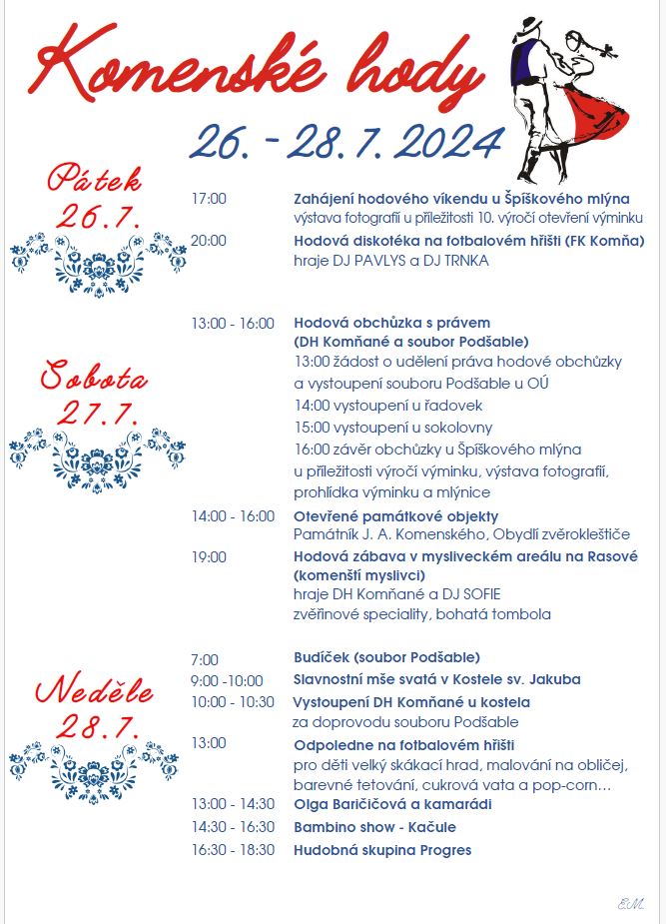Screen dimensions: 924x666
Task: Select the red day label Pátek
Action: pyautogui.click(x=96, y=180)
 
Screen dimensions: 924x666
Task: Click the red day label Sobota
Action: pyautogui.click(x=94, y=379)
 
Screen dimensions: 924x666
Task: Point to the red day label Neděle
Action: pyautogui.click(x=95, y=690)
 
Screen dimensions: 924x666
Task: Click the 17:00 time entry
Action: pyautogui.click(x=209, y=198)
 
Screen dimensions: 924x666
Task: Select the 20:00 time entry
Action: pyautogui.click(x=209, y=240)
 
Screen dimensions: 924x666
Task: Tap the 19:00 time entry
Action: pyautogui.click(x=209, y=556)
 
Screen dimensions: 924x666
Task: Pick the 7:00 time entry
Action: pyautogui.click(x=205, y=658)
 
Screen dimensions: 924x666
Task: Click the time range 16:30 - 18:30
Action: pyautogui.click(x=233, y=850)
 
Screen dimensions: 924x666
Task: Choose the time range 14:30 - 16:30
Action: pyautogui.click(x=233, y=827)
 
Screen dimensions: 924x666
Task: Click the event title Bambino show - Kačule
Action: pyautogui.click(x=374, y=827)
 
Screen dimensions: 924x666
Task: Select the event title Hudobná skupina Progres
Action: pyautogui.click(x=382, y=850)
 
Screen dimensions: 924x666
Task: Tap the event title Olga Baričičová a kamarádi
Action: pyautogui.click(x=392, y=804)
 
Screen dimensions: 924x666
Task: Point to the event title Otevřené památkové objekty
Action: pyautogui.click(x=395, y=516)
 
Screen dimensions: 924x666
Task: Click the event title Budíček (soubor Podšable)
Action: pyautogui.click(x=386, y=657)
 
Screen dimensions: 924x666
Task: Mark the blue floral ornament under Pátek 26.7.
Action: pyautogui.click(x=98, y=260)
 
